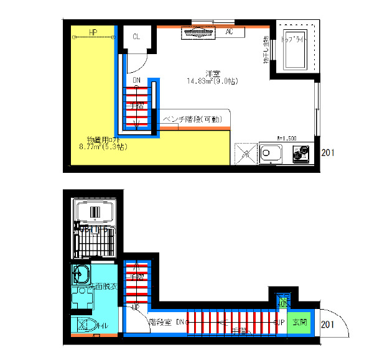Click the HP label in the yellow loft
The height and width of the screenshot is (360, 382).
point(93,32)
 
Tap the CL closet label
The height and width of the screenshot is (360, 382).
point(137,37)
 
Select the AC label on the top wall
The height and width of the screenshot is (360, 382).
point(229,32)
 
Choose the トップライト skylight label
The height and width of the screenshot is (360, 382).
point(296,39)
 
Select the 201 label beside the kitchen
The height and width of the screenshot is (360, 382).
point(329,152)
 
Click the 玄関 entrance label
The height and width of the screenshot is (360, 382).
point(300,323)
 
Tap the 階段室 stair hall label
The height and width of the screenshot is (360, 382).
point(160,323)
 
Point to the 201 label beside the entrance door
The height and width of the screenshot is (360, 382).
point(329,324)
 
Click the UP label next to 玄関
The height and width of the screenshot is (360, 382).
point(281,323)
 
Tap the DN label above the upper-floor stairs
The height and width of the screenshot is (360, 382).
point(137,80)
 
